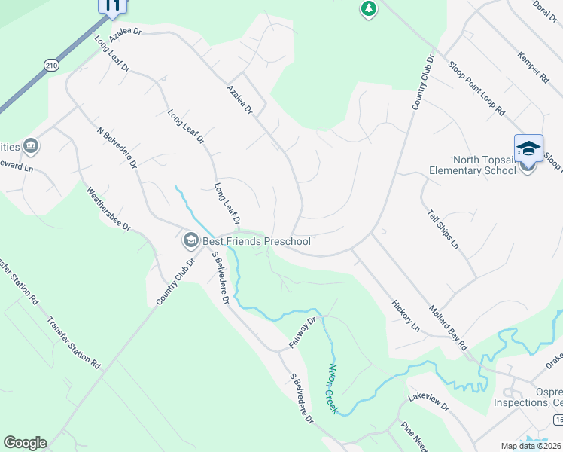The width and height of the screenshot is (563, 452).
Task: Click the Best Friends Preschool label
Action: [x=256, y=241]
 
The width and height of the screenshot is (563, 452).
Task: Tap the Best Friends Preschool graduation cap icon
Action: [x=190, y=241]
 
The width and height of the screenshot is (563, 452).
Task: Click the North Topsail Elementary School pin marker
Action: [x=528, y=149]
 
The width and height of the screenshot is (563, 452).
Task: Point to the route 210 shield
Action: [x=50, y=66]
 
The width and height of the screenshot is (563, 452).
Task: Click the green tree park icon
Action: [x=368, y=9]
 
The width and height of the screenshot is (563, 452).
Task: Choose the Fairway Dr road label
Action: [x=305, y=332]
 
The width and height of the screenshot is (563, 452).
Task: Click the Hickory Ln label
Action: [x=406, y=316]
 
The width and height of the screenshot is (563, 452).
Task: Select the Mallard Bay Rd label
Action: [x=449, y=326]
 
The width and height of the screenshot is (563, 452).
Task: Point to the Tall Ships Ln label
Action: [x=443, y=229]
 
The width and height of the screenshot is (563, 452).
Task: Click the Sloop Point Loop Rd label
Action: [x=476, y=87]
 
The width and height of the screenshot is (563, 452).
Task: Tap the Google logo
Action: [x=24, y=443]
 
